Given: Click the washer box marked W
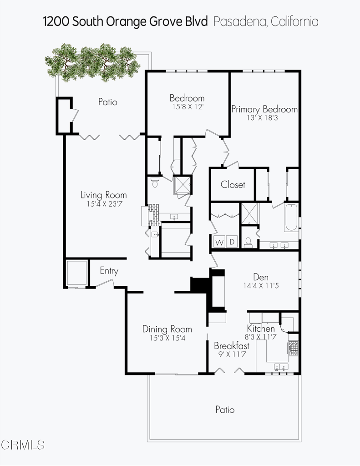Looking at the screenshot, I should coord(219,242).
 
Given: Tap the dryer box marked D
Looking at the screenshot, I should coord(232,242).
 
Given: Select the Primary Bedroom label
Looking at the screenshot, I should coord(264,109).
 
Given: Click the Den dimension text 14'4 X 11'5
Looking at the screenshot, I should coord(261,287).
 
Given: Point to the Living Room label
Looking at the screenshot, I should coord(104,195).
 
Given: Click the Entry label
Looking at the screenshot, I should coord(109,271).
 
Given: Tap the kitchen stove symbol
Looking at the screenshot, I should coord(293,348).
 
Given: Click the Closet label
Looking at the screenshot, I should coord(233,184).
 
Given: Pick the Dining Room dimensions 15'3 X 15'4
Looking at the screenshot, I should coord(167,338).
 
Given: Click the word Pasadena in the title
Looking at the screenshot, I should coord(240,21).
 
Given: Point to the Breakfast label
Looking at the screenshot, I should coord(232,346).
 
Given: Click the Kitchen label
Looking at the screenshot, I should coord(261,329).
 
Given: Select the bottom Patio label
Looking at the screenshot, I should coord(225,410).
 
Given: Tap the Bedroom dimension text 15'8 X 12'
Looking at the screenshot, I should coord(187,106).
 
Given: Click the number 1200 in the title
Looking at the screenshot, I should coord(57,21).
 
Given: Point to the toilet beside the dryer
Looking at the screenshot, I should coord(248,242).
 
